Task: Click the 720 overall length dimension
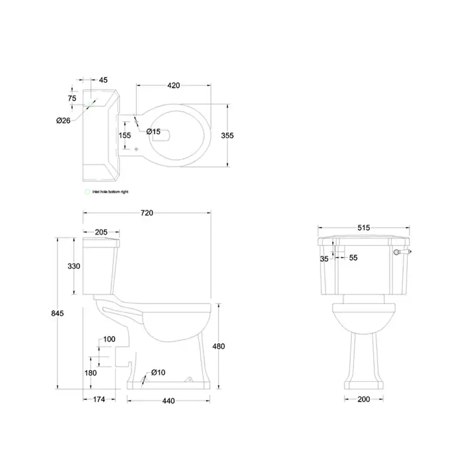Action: pos(146,213)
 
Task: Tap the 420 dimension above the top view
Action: pos(173,86)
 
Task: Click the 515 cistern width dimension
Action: pos(363,228)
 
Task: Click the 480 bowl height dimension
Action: pos(219,346)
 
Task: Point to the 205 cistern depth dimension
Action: pos(101,232)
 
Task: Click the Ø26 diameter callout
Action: pos(63,120)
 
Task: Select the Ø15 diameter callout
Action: pos(153,132)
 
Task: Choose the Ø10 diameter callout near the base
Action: pos(159,373)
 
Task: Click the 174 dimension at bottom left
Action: pos(98,400)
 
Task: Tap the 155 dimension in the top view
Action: pos(124,135)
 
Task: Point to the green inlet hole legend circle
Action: pos(86,192)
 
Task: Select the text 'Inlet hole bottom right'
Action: pos(110,192)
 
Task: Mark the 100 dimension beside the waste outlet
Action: pos(109,339)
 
